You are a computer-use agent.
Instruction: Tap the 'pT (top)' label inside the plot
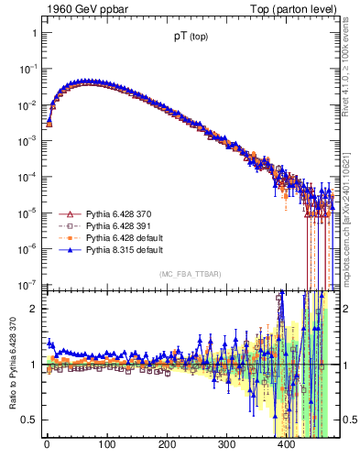tap(189, 38)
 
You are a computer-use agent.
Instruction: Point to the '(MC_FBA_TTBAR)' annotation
tap(189, 275)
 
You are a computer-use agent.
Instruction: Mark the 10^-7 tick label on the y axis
tap(27, 284)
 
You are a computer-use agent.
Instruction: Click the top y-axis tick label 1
tap(33, 33)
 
